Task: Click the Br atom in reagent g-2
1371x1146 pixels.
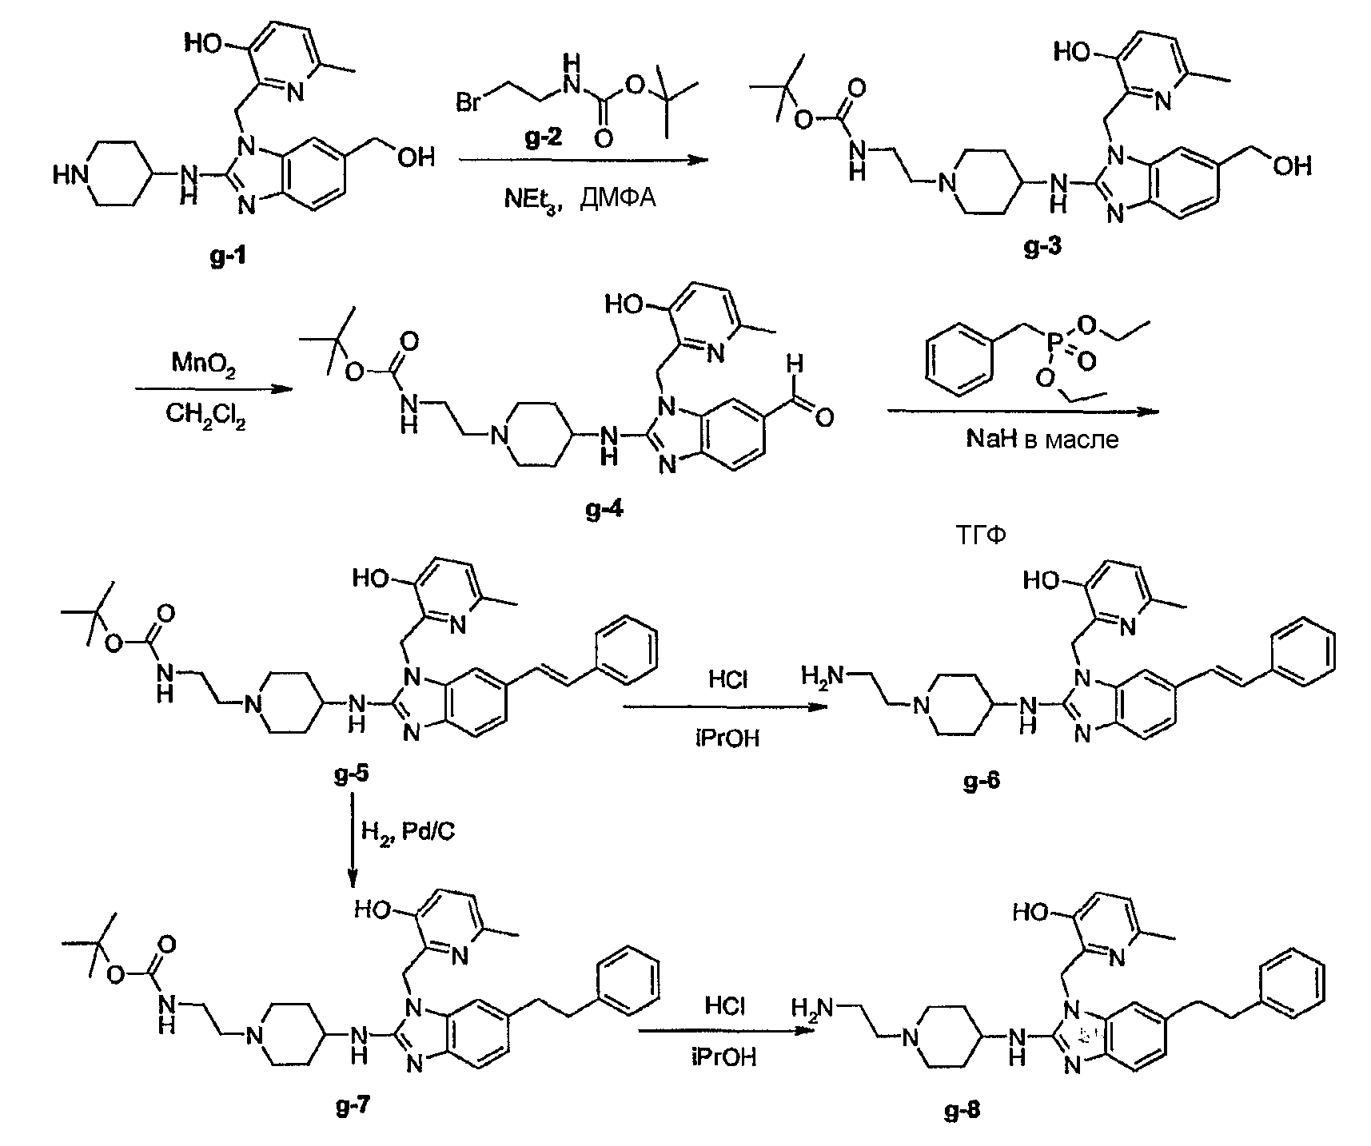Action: click(469, 104)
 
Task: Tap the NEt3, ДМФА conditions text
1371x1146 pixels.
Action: click(579, 195)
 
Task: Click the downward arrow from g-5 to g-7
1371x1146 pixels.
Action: click(353, 839)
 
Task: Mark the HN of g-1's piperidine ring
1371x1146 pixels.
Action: click(69, 174)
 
